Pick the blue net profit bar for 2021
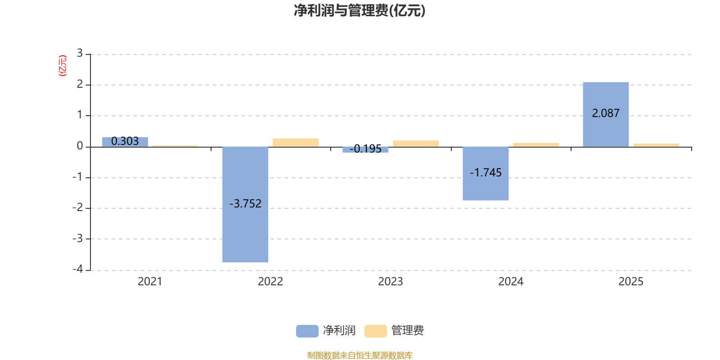click(x=125, y=142)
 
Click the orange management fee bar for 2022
click(x=296, y=142)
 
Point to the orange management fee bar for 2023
click(x=416, y=144)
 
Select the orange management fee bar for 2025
click(x=656, y=145)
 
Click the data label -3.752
click(x=245, y=204)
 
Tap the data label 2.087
click(x=606, y=113)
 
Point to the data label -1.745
click(x=486, y=173)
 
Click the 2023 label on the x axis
click(x=390, y=282)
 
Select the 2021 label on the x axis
click(x=150, y=282)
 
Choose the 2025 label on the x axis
click(x=631, y=282)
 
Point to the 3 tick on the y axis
click(x=80, y=54)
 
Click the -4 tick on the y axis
click(x=78, y=269)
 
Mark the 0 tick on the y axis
click(x=80, y=146)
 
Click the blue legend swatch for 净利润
click(x=307, y=331)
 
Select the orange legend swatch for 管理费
click(x=375, y=331)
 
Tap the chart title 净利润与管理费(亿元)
click(x=360, y=10)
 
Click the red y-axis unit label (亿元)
click(x=63, y=66)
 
